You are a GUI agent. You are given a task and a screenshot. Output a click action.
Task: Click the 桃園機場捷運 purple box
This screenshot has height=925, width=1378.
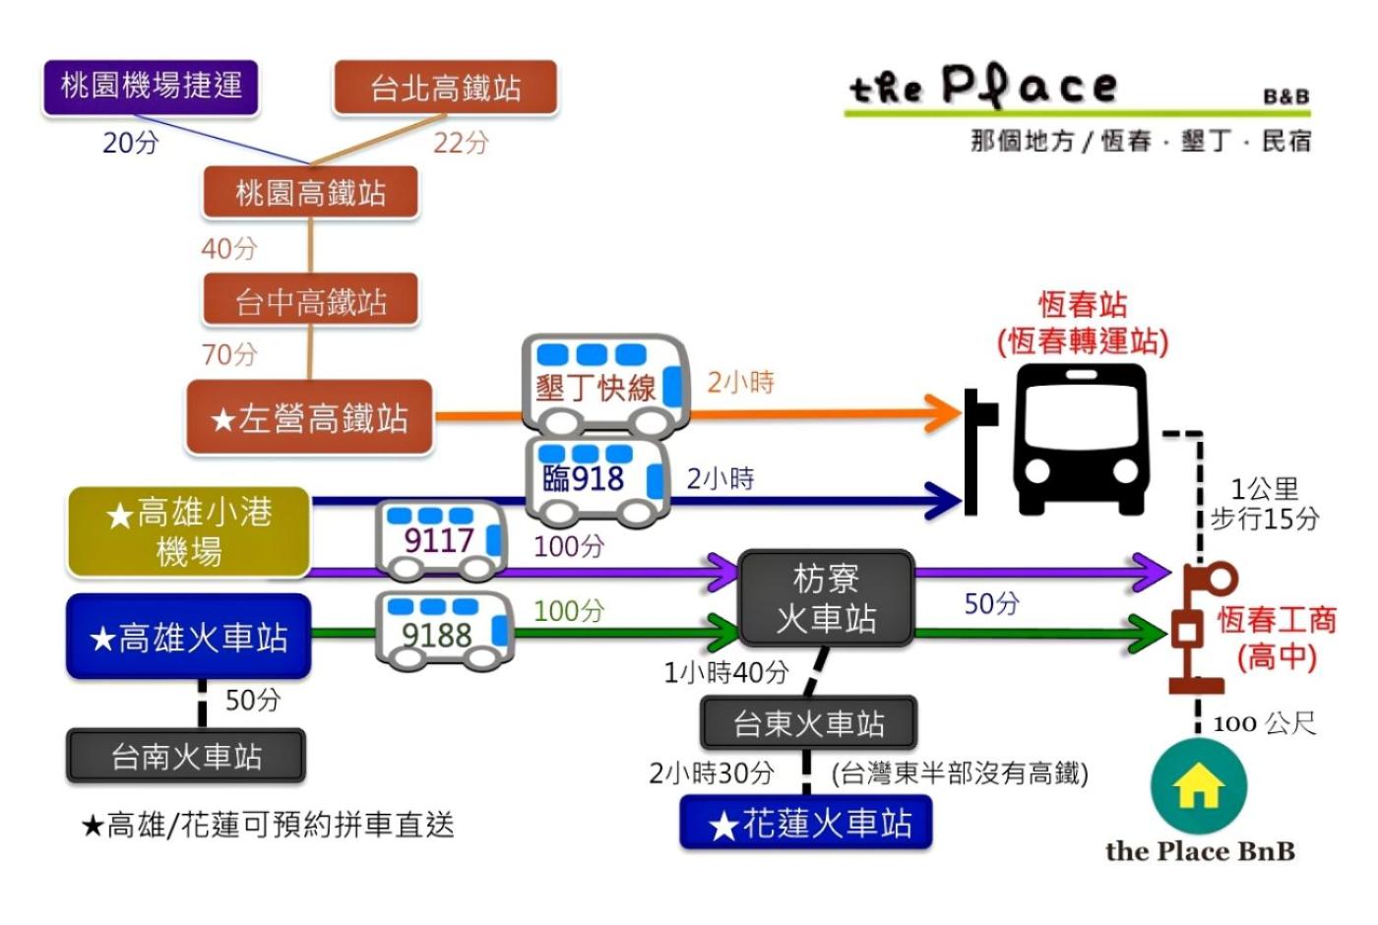pyautogui.click(x=151, y=87)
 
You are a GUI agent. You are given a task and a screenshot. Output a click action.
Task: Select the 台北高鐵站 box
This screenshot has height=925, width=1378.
pyautogui.click(x=446, y=88)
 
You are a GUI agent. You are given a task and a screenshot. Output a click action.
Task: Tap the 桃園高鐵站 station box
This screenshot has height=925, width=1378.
pyautogui.click(x=310, y=192)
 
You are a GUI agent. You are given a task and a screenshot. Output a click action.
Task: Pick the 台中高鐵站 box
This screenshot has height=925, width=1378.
pyautogui.click(x=310, y=300)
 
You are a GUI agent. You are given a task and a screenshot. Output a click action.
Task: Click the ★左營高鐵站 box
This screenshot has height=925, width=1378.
pyautogui.click(x=309, y=418)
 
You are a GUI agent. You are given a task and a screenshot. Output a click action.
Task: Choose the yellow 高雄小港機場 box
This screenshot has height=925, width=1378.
pyautogui.click(x=189, y=531)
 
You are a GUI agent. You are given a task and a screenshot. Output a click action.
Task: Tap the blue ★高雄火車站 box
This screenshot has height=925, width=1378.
pyautogui.click(x=189, y=638)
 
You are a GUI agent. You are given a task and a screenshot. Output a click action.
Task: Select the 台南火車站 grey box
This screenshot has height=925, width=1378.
pyautogui.click(x=186, y=756)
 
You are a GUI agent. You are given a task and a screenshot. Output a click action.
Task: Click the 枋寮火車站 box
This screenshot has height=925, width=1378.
pyautogui.click(x=826, y=598)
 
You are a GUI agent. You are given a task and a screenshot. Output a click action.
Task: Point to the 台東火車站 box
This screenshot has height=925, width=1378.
pyautogui.click(x=808, y=723)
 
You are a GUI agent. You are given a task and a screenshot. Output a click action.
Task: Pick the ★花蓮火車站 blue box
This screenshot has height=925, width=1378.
pyautogui.click(x=806, y=823)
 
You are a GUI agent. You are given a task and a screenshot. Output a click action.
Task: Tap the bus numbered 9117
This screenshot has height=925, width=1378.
pyautogui.click(x=442, y=539)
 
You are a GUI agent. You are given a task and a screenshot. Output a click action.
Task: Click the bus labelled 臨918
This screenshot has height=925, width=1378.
pyautogui.click(x=595, y=479)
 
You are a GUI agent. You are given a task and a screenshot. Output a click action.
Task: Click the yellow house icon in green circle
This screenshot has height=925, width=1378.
pyautogui.click(x=1198, y=786)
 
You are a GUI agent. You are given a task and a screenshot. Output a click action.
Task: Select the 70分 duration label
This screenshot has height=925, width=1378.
pyautogui.click(x=229, y=354)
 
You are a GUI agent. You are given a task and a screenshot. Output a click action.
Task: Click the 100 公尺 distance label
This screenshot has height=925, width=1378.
pyautogui.click(x=1264, y=724)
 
